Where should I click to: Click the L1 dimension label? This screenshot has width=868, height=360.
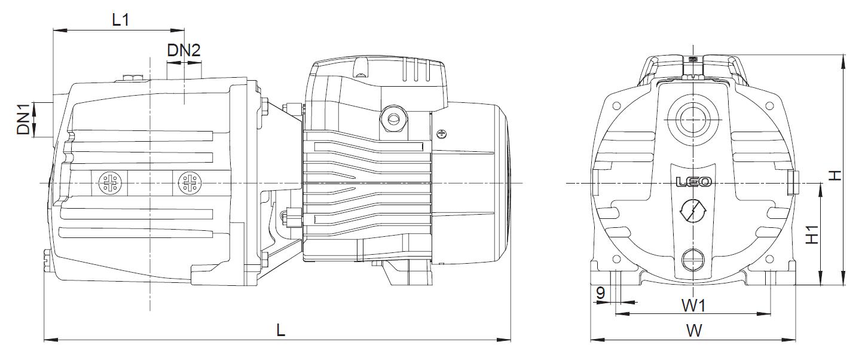click(120, 20)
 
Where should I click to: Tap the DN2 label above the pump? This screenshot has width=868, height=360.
click(184, 50)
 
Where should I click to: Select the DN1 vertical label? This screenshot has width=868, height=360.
click(23, 119)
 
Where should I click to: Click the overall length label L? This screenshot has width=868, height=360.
click(281, 330)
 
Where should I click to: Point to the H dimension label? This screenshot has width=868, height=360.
click(836, 175)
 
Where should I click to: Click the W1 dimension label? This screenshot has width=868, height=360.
click(693, 306)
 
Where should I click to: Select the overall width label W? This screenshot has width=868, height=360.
click(694, 331)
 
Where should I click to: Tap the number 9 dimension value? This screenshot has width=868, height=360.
click(600, 292)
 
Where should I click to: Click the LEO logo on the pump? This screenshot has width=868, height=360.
click(693, 182)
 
